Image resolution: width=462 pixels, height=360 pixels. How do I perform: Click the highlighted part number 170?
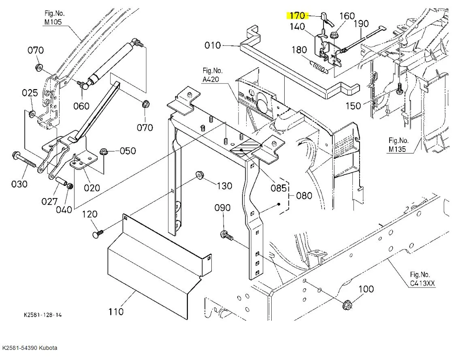297,16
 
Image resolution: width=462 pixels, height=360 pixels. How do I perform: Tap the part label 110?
116,311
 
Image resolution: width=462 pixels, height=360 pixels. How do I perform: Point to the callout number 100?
366,289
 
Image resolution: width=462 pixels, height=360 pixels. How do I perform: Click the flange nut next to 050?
103,152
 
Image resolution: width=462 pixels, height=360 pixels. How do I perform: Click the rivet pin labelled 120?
98,233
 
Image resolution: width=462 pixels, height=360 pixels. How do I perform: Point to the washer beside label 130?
199,175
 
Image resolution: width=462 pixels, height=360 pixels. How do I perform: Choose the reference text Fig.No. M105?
54,17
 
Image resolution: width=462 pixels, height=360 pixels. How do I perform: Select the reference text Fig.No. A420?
213,75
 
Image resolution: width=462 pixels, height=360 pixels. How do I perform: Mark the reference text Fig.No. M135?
399,145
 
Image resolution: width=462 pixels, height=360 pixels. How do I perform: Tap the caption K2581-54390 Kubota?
30,348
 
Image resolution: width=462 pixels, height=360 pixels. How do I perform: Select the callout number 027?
50,201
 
